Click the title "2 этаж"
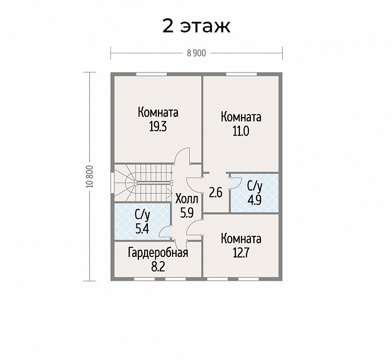pyautogui.click(x=196, y=26)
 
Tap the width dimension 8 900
pyautogui.click(x=197, y=53)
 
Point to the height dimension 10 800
pyautogui.click(x=90, y=176)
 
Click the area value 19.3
pyautogui.click(x=158, y=127)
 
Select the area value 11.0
pyautogui.click(x=241, y=131)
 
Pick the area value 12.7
pyautogui.click(x=241, y=253)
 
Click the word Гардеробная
pyautogui.click(x=158, y=253)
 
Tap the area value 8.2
pyautogui.click(x=158, y=267)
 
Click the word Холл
pyautogui.click(x=187, y=199)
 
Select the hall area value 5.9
pyautogui.click(x=187, y=213)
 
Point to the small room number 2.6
pyautogui.click(x=215, y=193)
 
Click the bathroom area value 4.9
pyautogui.click(x=255, y=200)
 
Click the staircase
pyautogui.click(x=143, y=183)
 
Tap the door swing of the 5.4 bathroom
pyautogui.click(x=165, y=231)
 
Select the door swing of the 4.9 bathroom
pyautogui.click(x=236, y=182)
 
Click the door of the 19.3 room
pyautogui.click(x=182, y=156)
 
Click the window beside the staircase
pyautogui.click(x=112, y=183)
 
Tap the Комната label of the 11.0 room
pyautogui.click(x=241, y=117)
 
